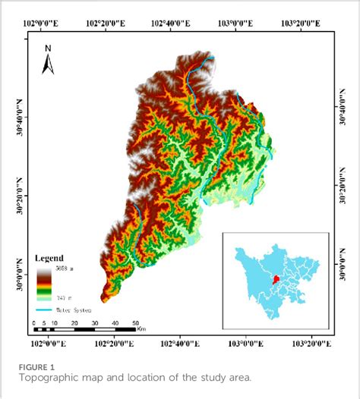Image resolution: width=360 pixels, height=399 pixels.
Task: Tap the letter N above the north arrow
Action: pos(47,49)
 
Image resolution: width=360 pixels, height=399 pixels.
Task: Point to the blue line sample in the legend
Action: pos(46,309)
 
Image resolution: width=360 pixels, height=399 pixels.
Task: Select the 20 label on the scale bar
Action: pos(73,323)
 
